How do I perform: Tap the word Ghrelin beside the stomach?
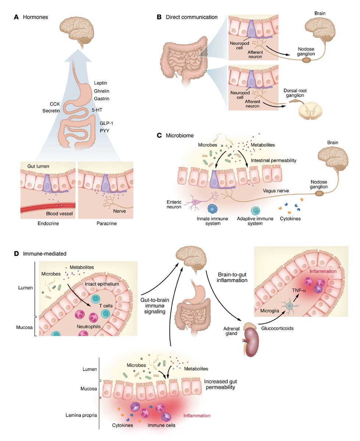(102, 91)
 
